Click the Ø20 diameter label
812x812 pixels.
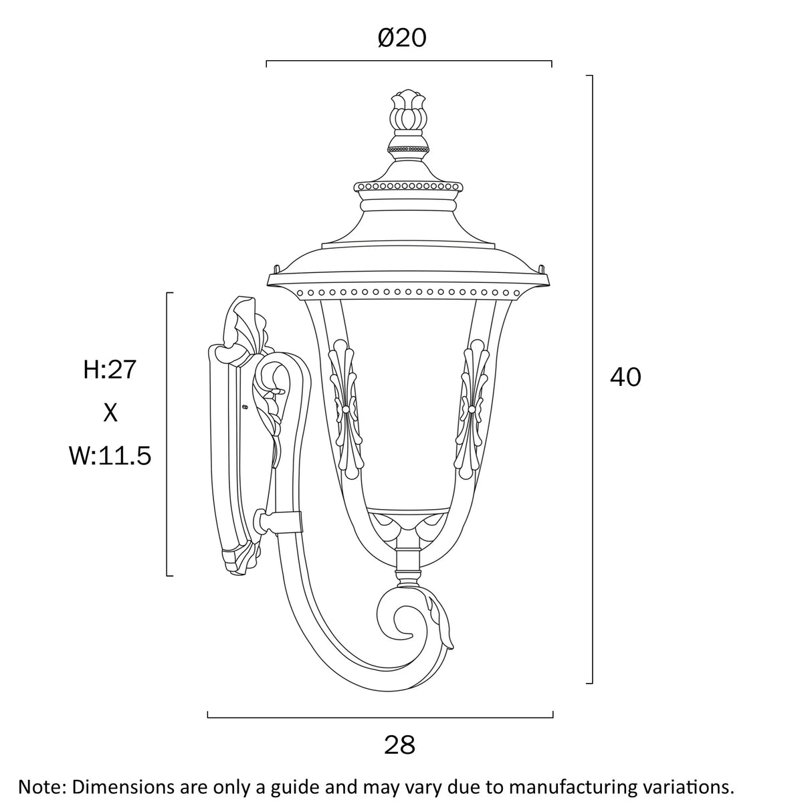[401, 38]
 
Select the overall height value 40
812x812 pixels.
[625, 377]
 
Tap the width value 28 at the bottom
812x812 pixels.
[399, 744]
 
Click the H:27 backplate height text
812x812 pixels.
[110, 369]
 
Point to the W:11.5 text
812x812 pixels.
[110, 456]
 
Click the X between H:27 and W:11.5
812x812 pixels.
[110, 413]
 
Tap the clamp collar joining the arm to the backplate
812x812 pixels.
[281, 522]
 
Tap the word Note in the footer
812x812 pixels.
[38, 786]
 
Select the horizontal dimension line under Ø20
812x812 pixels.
[408, 62]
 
